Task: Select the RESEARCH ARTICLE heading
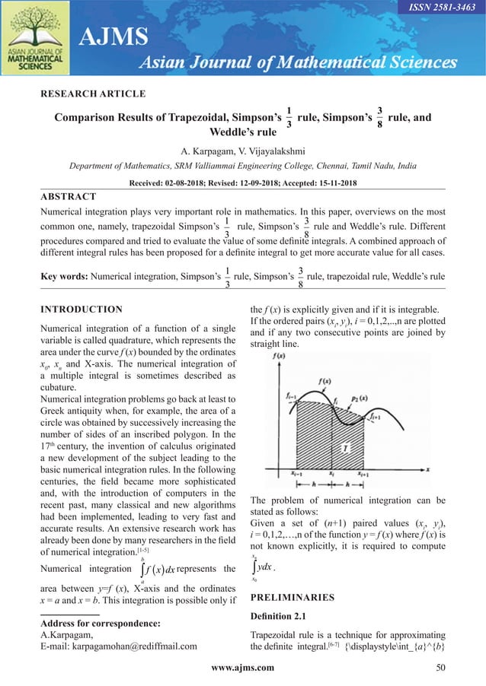[x=92, y=94]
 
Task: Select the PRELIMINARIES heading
[x=292, y=597]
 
